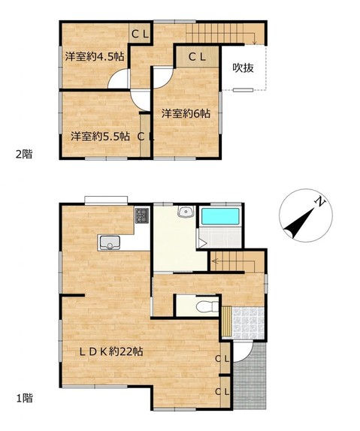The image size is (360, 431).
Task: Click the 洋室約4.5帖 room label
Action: coord(95,57)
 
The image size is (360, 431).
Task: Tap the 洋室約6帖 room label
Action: coord(186,113)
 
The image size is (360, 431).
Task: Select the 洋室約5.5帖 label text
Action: coord(101,137)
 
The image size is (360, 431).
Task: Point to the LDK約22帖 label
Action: coord(111,351)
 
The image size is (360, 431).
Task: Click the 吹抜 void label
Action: coord(243,68)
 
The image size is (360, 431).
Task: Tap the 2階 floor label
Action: coord(24,154)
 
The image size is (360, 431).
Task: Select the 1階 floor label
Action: coord(25,398)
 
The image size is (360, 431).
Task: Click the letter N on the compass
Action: coord(320,202)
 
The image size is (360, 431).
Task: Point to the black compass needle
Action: coord(300,222)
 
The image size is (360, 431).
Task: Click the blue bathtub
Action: coord(220,216)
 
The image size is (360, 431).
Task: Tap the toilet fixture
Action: coord(207,307)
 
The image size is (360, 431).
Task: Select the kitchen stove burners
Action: coord(142,215)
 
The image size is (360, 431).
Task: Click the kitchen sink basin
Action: coord(110,243)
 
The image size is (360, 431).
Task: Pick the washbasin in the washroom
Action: coord(186,212)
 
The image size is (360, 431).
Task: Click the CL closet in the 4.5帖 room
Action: coord(140,34)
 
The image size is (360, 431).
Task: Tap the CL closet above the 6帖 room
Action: coord(197,57)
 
